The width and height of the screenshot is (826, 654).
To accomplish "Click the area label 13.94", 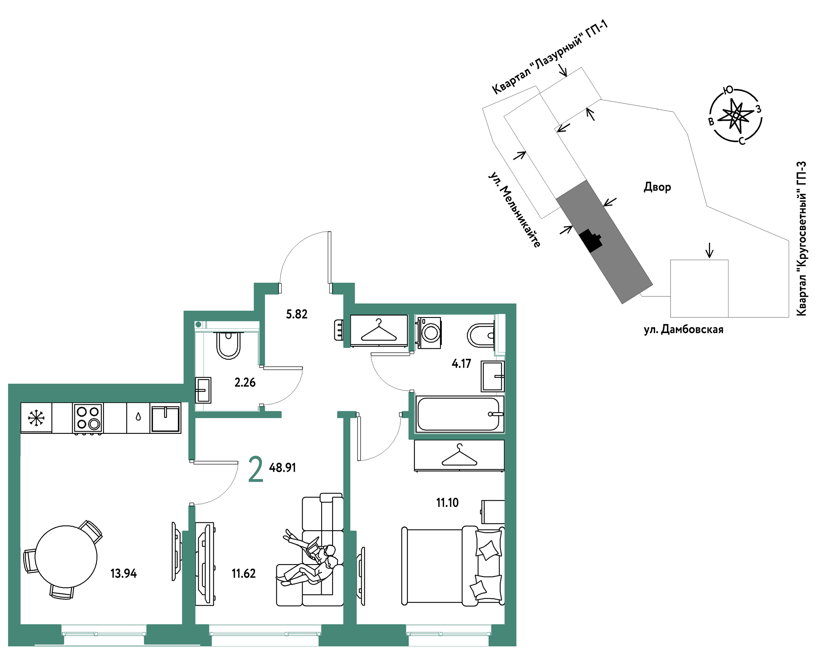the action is click(x=123, y=573).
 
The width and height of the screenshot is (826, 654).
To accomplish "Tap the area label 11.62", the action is click(x=244, y=573).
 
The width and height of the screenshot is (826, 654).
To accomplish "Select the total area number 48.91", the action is click(x=282, y=467).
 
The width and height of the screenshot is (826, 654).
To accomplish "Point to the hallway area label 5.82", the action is click(x=297, y=314).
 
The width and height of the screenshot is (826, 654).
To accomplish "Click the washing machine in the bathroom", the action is click(x=429, y=332).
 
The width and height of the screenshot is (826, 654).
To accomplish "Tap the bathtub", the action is click(x=459, y=414).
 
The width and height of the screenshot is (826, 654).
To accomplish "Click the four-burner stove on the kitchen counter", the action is click(x=88, y=418).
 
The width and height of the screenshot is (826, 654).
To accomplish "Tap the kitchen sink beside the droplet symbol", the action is click(x=165, y=418).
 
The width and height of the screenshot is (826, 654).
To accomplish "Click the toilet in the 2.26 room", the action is click(x=228, y=345).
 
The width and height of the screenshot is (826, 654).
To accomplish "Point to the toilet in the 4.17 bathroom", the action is click(x=481, y=335).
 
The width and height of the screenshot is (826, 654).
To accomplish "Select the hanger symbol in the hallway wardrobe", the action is click(x=378, y=330).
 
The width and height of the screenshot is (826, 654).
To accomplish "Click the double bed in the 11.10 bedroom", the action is click(x=453, y=566).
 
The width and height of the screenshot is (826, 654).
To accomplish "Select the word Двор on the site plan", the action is click(x=658, y=187).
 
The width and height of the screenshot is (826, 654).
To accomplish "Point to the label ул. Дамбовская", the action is click(x=684, y=329).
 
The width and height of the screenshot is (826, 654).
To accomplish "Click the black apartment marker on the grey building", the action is click(x=590, y=240).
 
